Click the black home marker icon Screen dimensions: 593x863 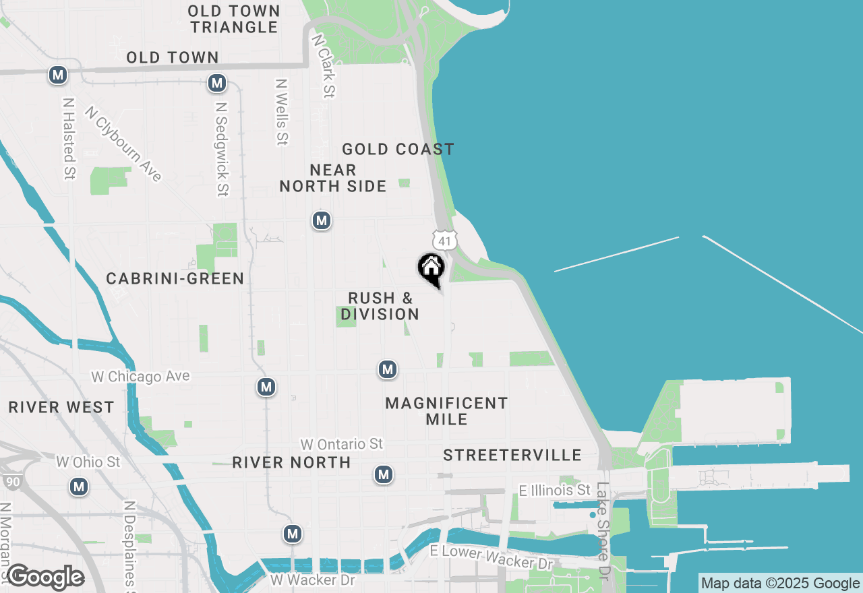[431, 268]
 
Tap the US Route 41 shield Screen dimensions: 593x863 [445, 241]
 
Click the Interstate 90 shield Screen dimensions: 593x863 [11, 481]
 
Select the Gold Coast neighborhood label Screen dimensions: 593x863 [398, 149]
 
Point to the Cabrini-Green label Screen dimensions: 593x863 [175, 278]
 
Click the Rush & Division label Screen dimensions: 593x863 [380, 306]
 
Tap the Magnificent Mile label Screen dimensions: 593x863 [446, 411]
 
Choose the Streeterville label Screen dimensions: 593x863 [512, 455]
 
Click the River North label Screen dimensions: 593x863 [291, 462]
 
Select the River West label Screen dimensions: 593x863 [61, 407]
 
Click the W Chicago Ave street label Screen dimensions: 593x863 [141, 376]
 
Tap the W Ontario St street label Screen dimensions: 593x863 [342, 444]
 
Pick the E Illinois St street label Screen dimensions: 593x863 [555, 490]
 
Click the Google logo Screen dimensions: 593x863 [45, 578]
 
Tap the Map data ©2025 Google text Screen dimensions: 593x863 [780, 584]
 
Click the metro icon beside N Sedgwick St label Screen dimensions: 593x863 [216, 83]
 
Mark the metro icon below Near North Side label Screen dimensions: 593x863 [322, 220]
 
